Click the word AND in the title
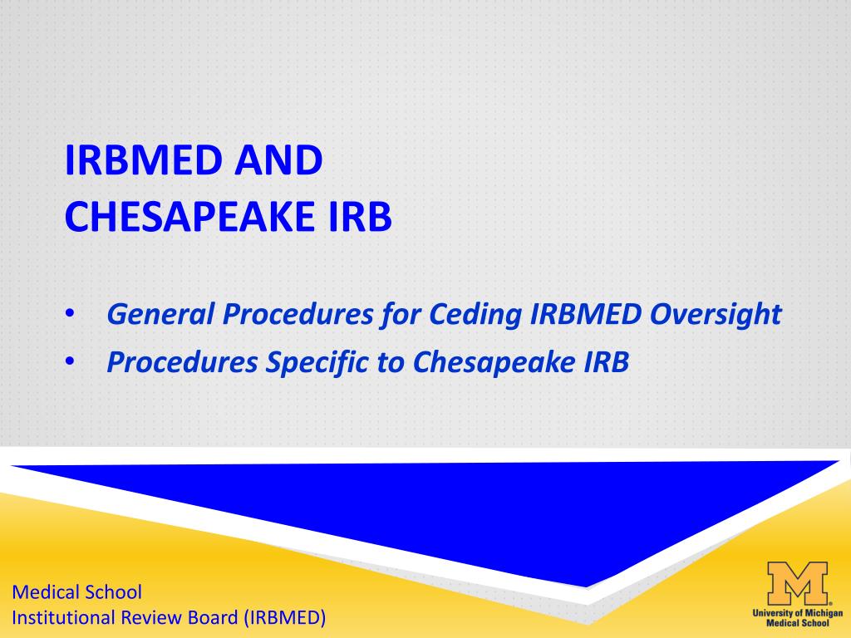pyautogui.click(x=278, y=160)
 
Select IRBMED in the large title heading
pyautogui.click(x=144, y=160)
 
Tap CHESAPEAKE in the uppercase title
pyautogui.click(x=190, y=217)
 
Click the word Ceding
pyautogui.click(x=475, y=314)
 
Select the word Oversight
pyautogui.click(x=716, y=314)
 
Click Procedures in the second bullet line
pyautogui.click(x=182, y=362)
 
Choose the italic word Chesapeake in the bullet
pyautogui.click(x=494, y=362)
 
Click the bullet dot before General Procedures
pyautogui.click(x=70, y=313)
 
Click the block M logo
pyautogui.click(x=797, y=583)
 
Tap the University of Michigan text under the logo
pyautogui.click(x=797, y=613)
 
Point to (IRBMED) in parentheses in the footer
pyautogui.click(x=285, y=618)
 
